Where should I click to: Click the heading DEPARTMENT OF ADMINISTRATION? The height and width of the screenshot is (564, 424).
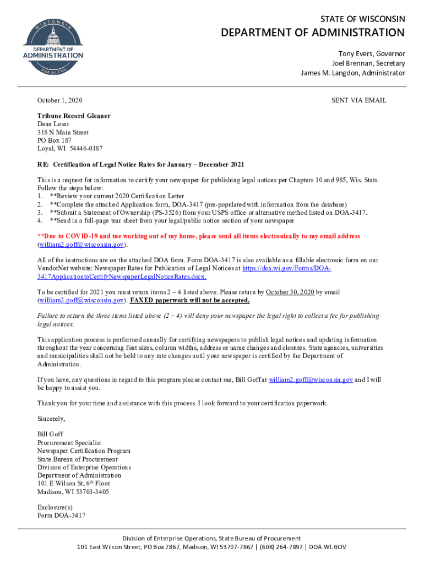313,33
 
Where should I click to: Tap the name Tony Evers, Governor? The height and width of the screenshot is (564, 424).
371,54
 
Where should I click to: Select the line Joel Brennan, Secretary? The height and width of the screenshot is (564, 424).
368,63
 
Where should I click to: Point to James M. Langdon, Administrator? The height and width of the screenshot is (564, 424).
352,73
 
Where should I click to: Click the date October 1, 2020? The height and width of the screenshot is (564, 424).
59,101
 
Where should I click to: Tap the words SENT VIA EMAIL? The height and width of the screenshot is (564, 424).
358,101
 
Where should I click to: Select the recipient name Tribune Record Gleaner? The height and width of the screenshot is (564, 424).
74,116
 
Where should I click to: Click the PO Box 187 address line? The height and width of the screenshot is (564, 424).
55,140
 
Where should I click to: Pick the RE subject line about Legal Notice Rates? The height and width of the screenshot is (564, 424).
140,165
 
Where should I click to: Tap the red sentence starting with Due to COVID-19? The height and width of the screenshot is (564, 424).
198,236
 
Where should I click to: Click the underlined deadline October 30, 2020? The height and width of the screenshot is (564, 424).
290,292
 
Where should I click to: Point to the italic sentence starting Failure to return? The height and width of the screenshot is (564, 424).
208,316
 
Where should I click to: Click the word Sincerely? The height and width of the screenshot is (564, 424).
51,419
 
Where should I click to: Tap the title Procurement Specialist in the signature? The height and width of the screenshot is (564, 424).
69,443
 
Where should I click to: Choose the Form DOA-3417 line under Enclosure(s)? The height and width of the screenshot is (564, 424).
61,516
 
